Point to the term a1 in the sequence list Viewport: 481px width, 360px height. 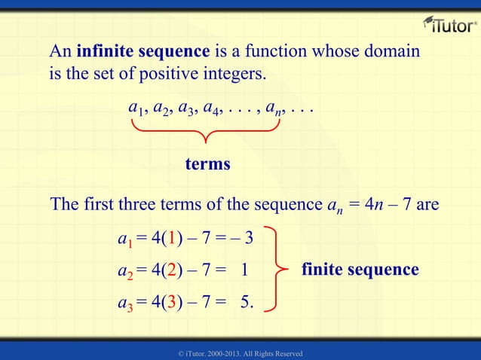coord(136,110)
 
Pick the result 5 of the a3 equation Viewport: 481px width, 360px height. coord(244,303)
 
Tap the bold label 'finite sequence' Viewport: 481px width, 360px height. coord(360,270)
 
